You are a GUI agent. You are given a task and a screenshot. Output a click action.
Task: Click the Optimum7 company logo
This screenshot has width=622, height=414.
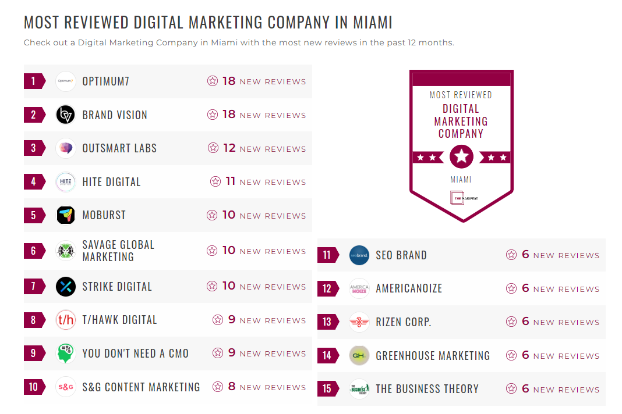coord(66,81)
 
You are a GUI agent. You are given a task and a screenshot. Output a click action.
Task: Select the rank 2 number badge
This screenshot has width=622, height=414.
coord(34,115)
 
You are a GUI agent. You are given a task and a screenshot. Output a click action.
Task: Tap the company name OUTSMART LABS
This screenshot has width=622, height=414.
coord(119,148)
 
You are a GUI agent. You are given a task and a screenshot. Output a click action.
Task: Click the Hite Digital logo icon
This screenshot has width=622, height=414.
coord(66,182)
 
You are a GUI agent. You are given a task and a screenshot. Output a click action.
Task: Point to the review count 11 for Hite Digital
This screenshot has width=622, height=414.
coord(230,181)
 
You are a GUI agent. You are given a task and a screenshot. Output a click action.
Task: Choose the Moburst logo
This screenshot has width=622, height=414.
coord(66,215)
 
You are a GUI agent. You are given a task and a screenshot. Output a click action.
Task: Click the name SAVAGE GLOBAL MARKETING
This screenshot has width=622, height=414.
coord(118,251)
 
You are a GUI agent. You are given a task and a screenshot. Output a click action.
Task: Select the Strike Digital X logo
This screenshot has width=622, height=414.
coord(66,287)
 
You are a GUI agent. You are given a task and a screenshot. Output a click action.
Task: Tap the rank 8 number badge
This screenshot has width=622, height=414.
coord(34,320)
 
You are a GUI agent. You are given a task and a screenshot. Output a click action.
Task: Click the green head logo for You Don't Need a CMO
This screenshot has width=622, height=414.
coord(66,354)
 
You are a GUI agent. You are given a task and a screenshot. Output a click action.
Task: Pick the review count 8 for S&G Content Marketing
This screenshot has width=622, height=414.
coord(232,387)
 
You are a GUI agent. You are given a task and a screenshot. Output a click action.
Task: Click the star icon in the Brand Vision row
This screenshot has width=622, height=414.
coord(213,115)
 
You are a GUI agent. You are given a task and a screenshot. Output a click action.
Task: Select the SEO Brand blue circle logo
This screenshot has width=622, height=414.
coord(359,255)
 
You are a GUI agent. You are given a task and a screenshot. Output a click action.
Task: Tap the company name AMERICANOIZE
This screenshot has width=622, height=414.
coord(409,288)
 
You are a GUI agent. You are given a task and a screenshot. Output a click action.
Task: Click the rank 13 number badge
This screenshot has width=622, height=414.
coord(327,322)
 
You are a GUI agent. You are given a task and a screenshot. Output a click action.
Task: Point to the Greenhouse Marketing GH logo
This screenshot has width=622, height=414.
coord(359,356)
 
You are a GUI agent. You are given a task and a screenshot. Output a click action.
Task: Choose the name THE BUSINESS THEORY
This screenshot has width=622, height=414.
coord(427,389)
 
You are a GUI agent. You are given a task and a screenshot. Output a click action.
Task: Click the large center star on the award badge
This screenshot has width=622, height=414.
coord(461,156)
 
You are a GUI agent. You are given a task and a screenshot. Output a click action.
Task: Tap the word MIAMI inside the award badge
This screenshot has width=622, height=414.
coord(461,180)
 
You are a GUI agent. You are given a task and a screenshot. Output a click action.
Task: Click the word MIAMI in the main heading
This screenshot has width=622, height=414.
coord(373,23)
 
